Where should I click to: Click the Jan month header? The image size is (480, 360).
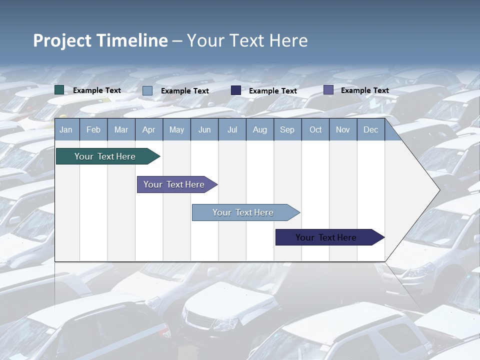pos(66,129)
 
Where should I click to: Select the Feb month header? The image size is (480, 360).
pos(93,129)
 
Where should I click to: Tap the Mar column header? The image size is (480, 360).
pos(121,129)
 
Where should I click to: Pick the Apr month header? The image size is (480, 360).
pos(149,129)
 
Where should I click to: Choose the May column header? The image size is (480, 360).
pos(176,129)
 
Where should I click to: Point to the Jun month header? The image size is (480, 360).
pos(204,129)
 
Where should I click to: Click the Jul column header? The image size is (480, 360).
pos(232,129)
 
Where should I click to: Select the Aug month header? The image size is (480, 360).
pos(260,129)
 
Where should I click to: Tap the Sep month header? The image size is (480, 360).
pos(287,129)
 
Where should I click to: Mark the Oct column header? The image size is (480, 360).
pos(315,129)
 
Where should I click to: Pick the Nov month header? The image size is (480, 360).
pos(343,129)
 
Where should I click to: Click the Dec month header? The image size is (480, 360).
pos(371,129)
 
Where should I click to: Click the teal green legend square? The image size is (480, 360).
pos(59,90)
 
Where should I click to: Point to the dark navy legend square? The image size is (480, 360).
pos(236,90)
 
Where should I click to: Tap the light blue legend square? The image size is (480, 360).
pos(147,90)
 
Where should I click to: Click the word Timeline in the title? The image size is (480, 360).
pos(132,40)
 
